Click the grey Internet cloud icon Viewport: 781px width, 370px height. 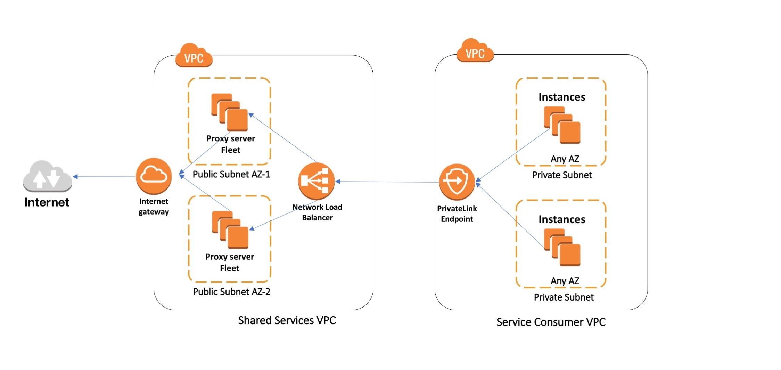(48, 176)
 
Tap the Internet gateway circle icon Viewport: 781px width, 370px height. (154, 176)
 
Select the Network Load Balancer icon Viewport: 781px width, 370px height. (316, 181)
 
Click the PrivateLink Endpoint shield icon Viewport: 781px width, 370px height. (457, 182)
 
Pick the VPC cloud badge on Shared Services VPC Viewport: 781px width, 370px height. (194, 56)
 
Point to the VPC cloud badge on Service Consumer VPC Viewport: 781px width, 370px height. (475, 52)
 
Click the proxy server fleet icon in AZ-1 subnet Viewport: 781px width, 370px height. (230, 112)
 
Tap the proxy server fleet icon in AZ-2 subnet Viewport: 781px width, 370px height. (230, 229)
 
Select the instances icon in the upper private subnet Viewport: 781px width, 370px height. (562, 125)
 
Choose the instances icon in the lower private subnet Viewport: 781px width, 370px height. (562, 247)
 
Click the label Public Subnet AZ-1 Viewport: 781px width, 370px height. (231, 174)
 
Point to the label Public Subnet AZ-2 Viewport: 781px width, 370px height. (231, 292)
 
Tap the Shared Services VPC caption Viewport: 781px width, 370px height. (287, 320)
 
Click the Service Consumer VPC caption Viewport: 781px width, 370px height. (551, 322)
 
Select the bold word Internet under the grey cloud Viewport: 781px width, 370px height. (47, 202)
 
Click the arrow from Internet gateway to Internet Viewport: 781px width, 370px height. (104, 177)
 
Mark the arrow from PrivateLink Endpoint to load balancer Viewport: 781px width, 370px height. (387, 182)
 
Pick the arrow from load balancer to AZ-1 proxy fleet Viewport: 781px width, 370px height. (283, 138)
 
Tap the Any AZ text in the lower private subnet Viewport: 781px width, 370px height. (565, 281)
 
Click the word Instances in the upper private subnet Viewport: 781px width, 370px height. (562, 97)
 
